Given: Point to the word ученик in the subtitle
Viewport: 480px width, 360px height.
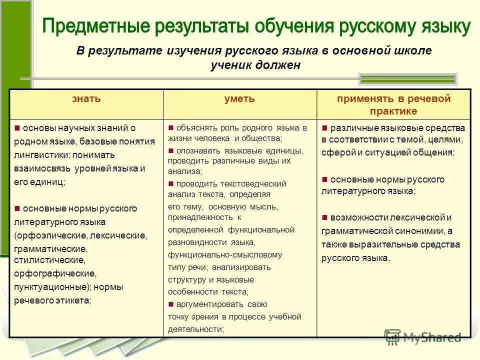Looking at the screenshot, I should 232,65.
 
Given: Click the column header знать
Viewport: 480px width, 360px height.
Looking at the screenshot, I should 86,98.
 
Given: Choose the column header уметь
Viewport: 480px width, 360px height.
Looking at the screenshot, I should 239,98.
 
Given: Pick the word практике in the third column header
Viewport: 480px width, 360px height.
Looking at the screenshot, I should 393,111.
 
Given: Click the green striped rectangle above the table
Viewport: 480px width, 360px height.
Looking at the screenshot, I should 407,78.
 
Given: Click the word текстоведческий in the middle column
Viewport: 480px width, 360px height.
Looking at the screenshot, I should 253,183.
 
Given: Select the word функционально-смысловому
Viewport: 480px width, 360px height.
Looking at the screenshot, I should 225,254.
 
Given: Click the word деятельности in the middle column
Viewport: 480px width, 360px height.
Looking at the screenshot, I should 194,328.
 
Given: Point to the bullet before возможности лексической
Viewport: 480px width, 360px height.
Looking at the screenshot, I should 324,217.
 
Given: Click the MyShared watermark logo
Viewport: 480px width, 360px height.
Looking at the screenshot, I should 422,337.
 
